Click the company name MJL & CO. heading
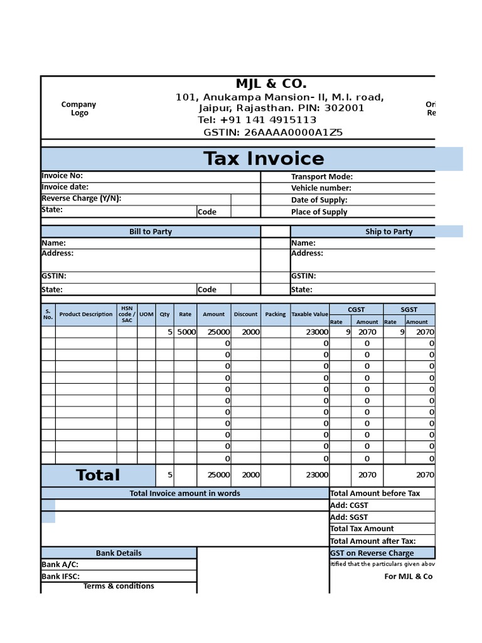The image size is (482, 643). coord(271,84)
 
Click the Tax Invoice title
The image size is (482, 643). coord(264,158)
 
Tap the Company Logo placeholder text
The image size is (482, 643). coord(79,109)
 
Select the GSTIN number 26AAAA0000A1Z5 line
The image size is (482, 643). coord(273,132)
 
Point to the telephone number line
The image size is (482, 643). coord(257,120)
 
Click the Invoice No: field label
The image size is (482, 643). coord(62,176)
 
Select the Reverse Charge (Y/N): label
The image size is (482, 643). coord(81,198)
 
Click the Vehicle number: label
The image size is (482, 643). coord(321,188)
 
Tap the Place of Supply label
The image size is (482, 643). coord(319,212)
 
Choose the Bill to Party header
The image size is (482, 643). coord(150,232)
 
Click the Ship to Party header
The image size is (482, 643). coord(388,232)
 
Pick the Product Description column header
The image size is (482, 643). coord(86,314)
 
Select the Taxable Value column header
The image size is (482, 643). coord(309,314)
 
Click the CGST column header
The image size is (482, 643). coord(356,309)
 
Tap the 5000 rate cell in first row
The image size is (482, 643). coord(186,332)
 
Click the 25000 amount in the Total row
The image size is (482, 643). coord(219,475)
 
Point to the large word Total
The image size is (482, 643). coord(98,475)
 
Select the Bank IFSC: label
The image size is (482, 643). coord(60,576)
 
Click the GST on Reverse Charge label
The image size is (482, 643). coord(372,553)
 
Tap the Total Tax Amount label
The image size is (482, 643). coord(361,529)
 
